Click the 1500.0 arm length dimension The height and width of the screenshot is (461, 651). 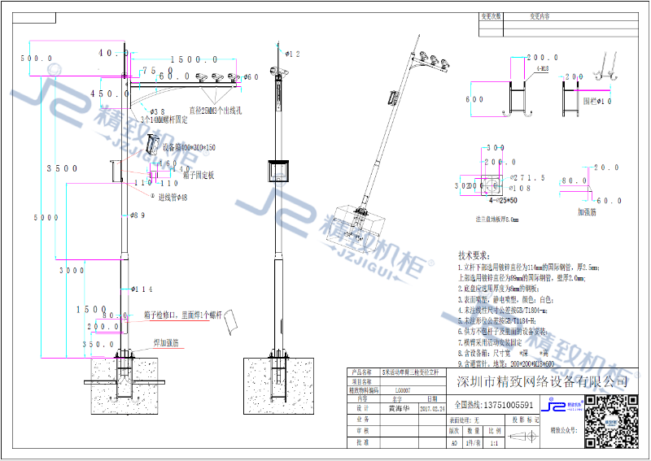point(190,59)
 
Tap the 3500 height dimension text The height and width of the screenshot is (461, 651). point(62,168)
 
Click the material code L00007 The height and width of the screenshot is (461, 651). point(402,389)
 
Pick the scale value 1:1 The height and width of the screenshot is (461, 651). point(493,443)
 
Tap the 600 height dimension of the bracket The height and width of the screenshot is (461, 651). point(474,99)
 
